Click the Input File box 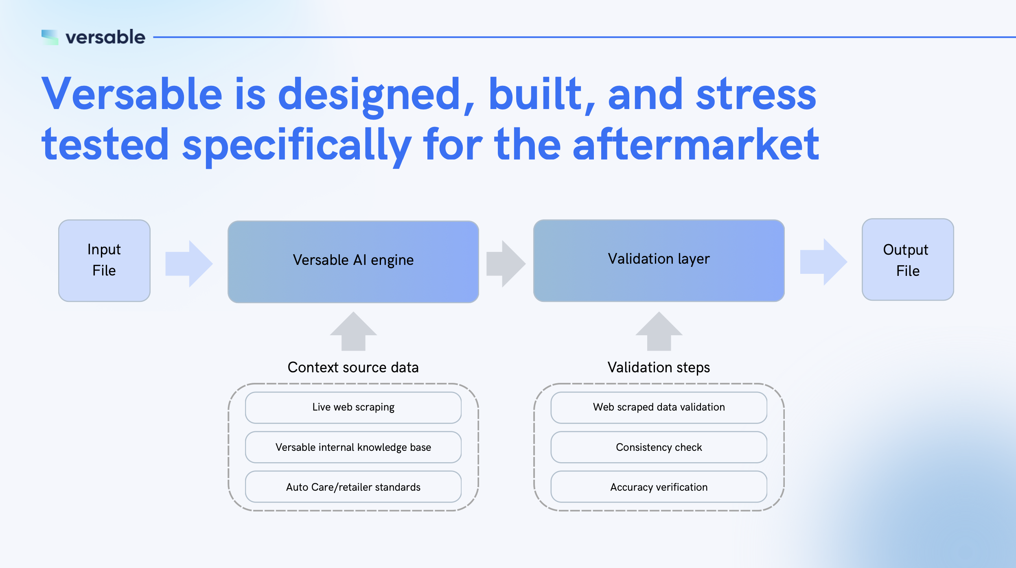click(x=104, y=260)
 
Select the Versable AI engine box click(x=353, y=262)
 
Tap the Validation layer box click(x=659, y=260)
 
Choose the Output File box click(x=907, y=260)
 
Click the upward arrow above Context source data click(x=353, y=331)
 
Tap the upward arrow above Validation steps click(x=659, y=331)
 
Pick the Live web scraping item click(x=353, y=407)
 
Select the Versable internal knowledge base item click(x=353, y=447)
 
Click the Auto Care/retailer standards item click(x=353, y=487)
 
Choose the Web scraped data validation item click(x=659, y=407)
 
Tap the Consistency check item click(x=659, y=447)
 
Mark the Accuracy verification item click(x=659, y=487)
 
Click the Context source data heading click(x=353, y=367)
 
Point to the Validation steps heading click(x=659, y=367)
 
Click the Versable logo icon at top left click(x=50, y=37)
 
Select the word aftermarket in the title click(x=696, y=144)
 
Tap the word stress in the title click(x=756, y=94)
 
